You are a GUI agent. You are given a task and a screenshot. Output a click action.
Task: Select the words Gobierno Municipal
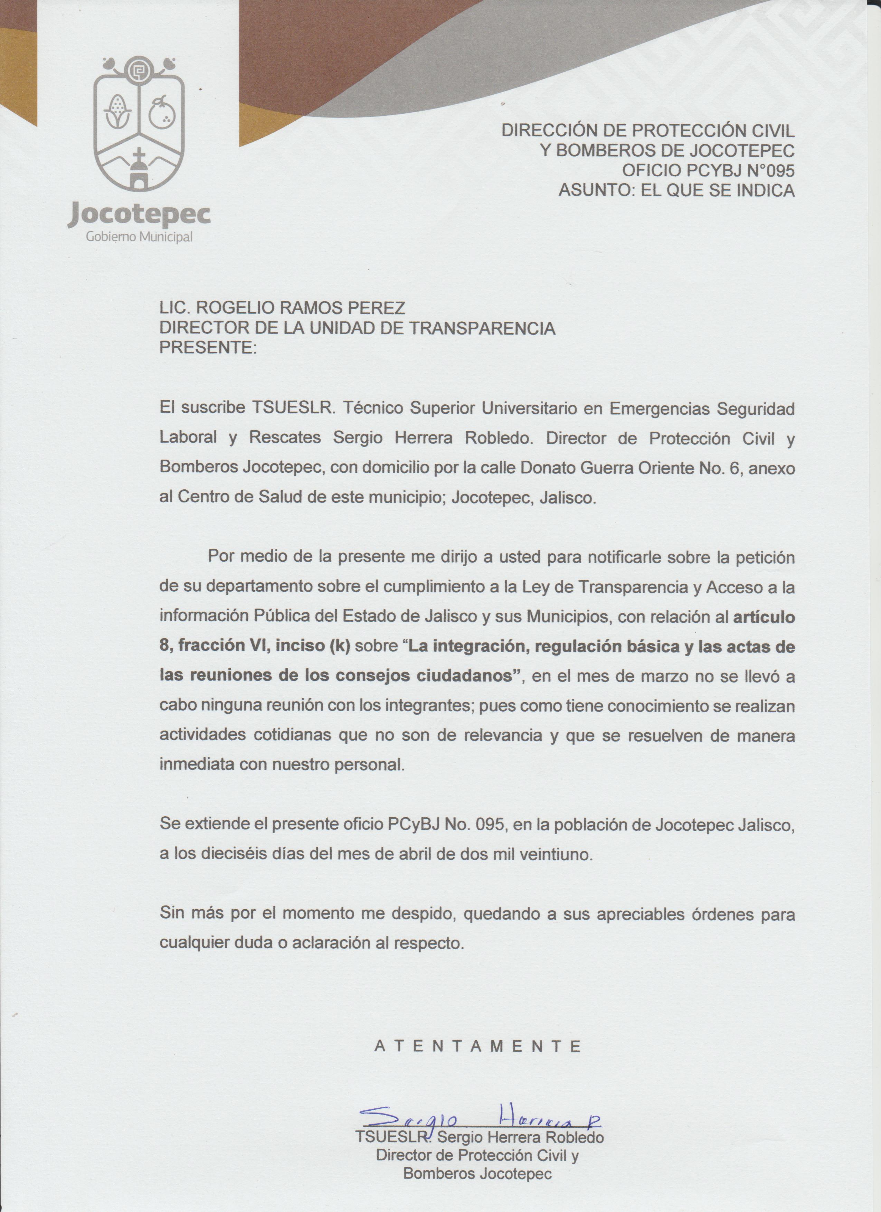click(x=139, y=237)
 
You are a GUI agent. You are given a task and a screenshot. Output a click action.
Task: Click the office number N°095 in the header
click(x=770, y=170)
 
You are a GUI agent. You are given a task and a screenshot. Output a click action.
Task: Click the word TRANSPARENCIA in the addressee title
click(x=482, y=328)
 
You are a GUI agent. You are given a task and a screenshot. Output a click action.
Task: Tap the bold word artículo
click(x=764, y=617)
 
